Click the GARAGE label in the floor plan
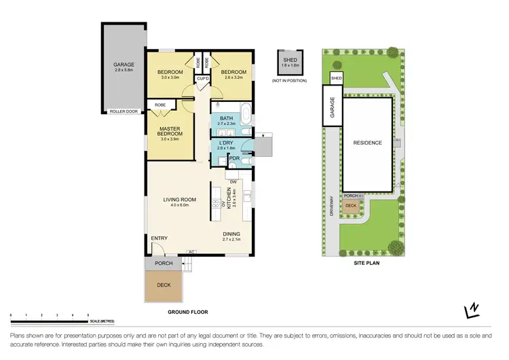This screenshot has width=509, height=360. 124,65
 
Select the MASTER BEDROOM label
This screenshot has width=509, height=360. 169,131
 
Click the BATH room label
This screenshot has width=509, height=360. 227,118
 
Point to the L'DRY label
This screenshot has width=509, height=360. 226,143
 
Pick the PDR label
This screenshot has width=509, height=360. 233,158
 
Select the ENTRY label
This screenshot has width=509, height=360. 159,238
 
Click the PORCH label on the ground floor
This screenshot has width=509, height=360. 164,264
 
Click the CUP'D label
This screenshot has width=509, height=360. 202,79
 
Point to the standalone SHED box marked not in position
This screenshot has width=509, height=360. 289,64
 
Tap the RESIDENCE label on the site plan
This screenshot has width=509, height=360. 367,143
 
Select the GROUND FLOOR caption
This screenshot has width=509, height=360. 187,312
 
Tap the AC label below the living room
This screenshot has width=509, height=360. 191,251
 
